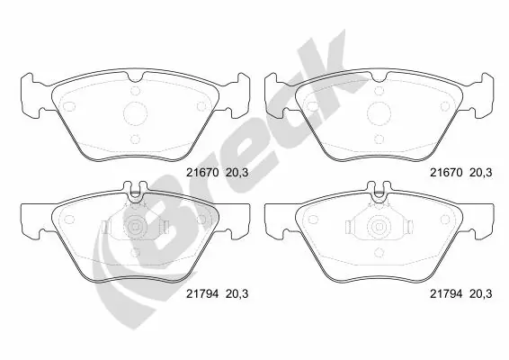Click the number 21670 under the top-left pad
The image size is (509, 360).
coord(203,173)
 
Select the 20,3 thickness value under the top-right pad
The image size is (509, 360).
coord(481,173)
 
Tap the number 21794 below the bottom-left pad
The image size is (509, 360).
coord(203,293)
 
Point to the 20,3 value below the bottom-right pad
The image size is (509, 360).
coord(481,293)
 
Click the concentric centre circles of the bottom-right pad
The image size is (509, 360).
coord(380,227)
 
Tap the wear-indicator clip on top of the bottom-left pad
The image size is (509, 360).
coord(135,191)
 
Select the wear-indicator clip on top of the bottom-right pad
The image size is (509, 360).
coord(379,191)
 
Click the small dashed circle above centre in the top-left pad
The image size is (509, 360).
coord(136,91)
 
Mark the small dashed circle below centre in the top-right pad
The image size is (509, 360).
coord(380,139)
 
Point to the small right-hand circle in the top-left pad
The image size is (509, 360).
coord(201,106)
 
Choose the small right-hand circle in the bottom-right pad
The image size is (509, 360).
coord(445,220)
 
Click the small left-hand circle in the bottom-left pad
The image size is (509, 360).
coord(69,220)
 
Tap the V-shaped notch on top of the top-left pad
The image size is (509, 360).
coord(136,76)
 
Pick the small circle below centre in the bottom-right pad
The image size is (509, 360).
coord(380,252)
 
